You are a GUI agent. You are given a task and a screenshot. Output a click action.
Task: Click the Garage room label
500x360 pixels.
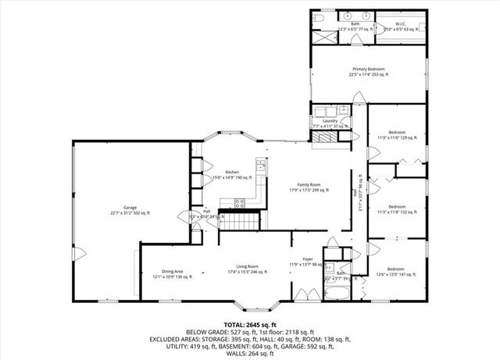(x=130, y=210)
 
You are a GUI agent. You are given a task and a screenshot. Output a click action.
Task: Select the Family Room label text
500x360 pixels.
(x=309, y=187)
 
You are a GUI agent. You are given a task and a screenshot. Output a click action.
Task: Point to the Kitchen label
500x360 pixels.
(x=232, y=174)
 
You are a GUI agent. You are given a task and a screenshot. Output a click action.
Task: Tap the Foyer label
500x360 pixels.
(x=308, y=261)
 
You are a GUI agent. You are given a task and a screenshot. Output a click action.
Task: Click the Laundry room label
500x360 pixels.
(x=330, y=123)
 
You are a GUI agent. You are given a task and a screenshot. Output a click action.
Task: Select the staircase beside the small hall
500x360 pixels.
(x=242, y=221)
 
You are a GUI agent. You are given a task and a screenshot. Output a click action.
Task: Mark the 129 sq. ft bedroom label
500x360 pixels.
(x=397, y=134)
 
